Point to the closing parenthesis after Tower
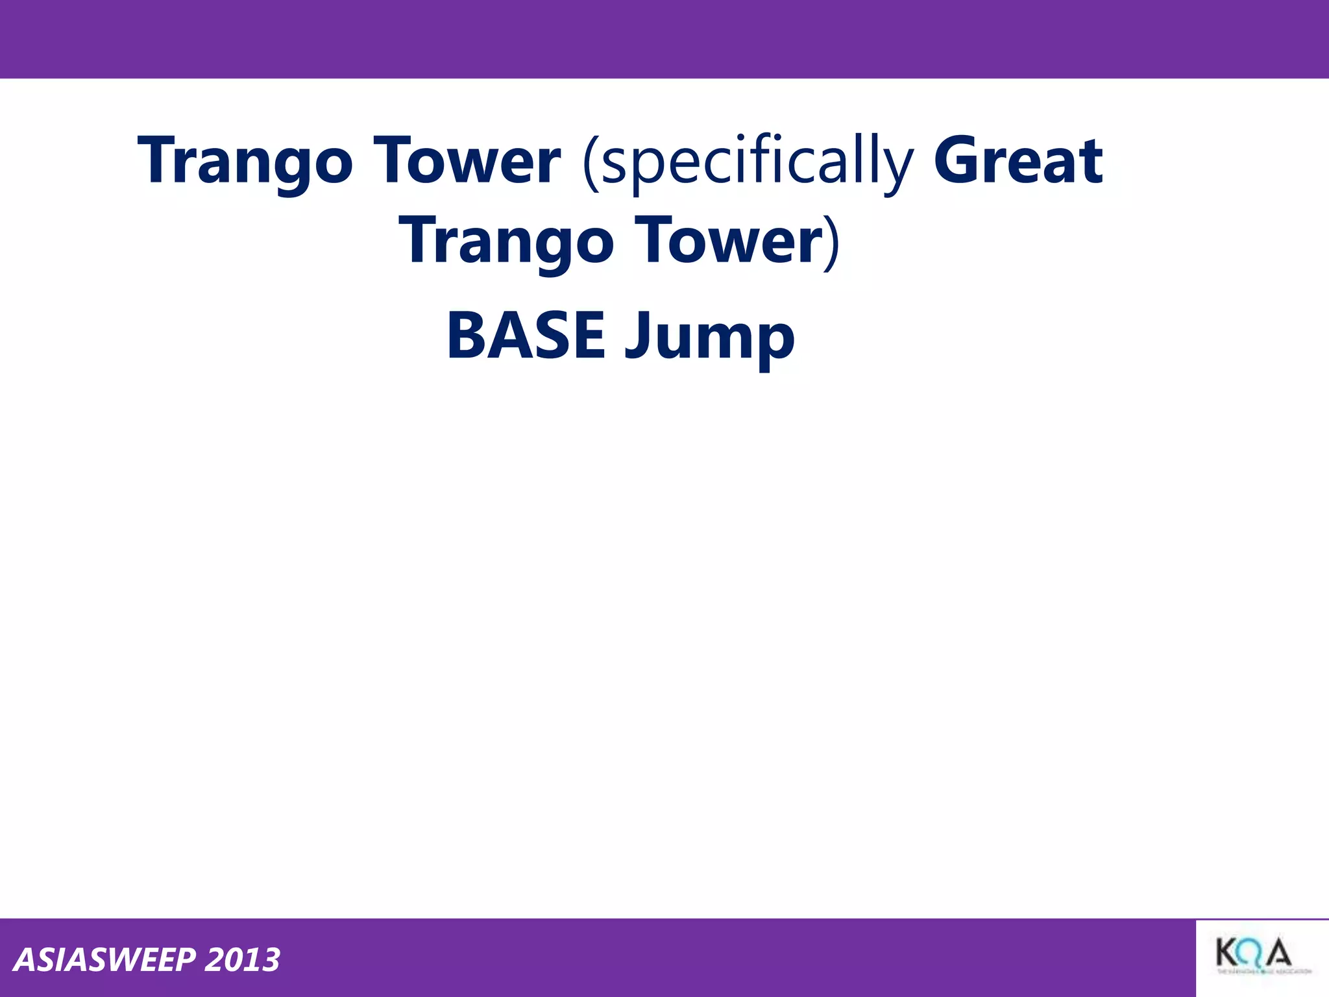point(833,241)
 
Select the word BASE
point(526,336)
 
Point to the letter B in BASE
point(465,336)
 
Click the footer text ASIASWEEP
point(104,960)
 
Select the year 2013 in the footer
point(242,960)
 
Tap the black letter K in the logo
point(1229,954)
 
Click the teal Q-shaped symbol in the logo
point(1253,955)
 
